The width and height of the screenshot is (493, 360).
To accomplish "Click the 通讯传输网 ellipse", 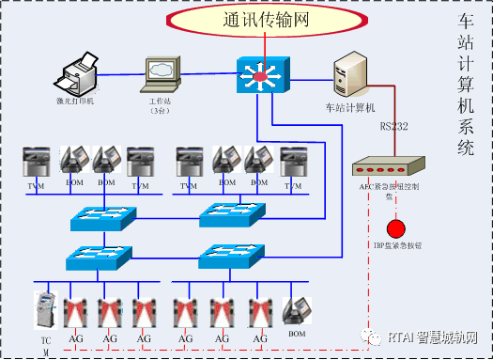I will pos(267,18).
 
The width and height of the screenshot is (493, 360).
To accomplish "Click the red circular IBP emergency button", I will pos(396,229).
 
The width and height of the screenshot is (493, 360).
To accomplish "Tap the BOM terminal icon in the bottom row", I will pos(298,311).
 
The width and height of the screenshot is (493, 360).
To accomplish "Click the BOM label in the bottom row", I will pos(298,333).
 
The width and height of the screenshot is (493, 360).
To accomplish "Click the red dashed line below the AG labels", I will pos(188,349).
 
